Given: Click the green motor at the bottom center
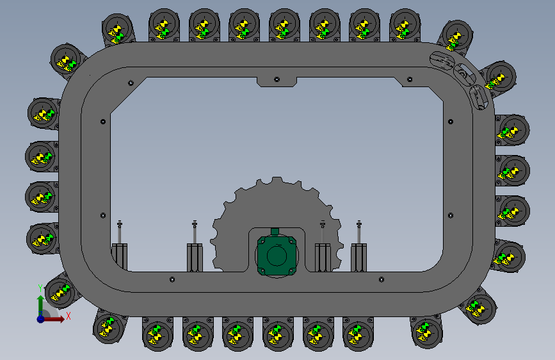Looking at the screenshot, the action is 277,255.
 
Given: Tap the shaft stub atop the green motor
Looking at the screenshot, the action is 275,232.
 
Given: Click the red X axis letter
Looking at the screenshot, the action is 68,316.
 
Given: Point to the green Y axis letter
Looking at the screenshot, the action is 40,288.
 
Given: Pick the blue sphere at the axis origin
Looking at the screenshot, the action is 41,319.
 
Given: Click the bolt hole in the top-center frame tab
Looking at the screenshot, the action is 277,79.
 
